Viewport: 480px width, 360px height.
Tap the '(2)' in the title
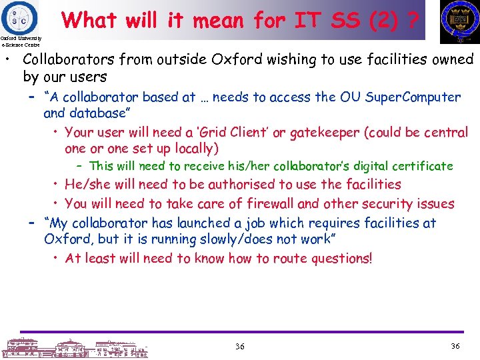coord(378,20)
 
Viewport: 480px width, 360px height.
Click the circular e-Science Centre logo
coord(19,16)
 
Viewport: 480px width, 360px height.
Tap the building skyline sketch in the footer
coord(73,347)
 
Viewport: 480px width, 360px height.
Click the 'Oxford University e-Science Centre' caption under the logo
coord(21,41)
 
